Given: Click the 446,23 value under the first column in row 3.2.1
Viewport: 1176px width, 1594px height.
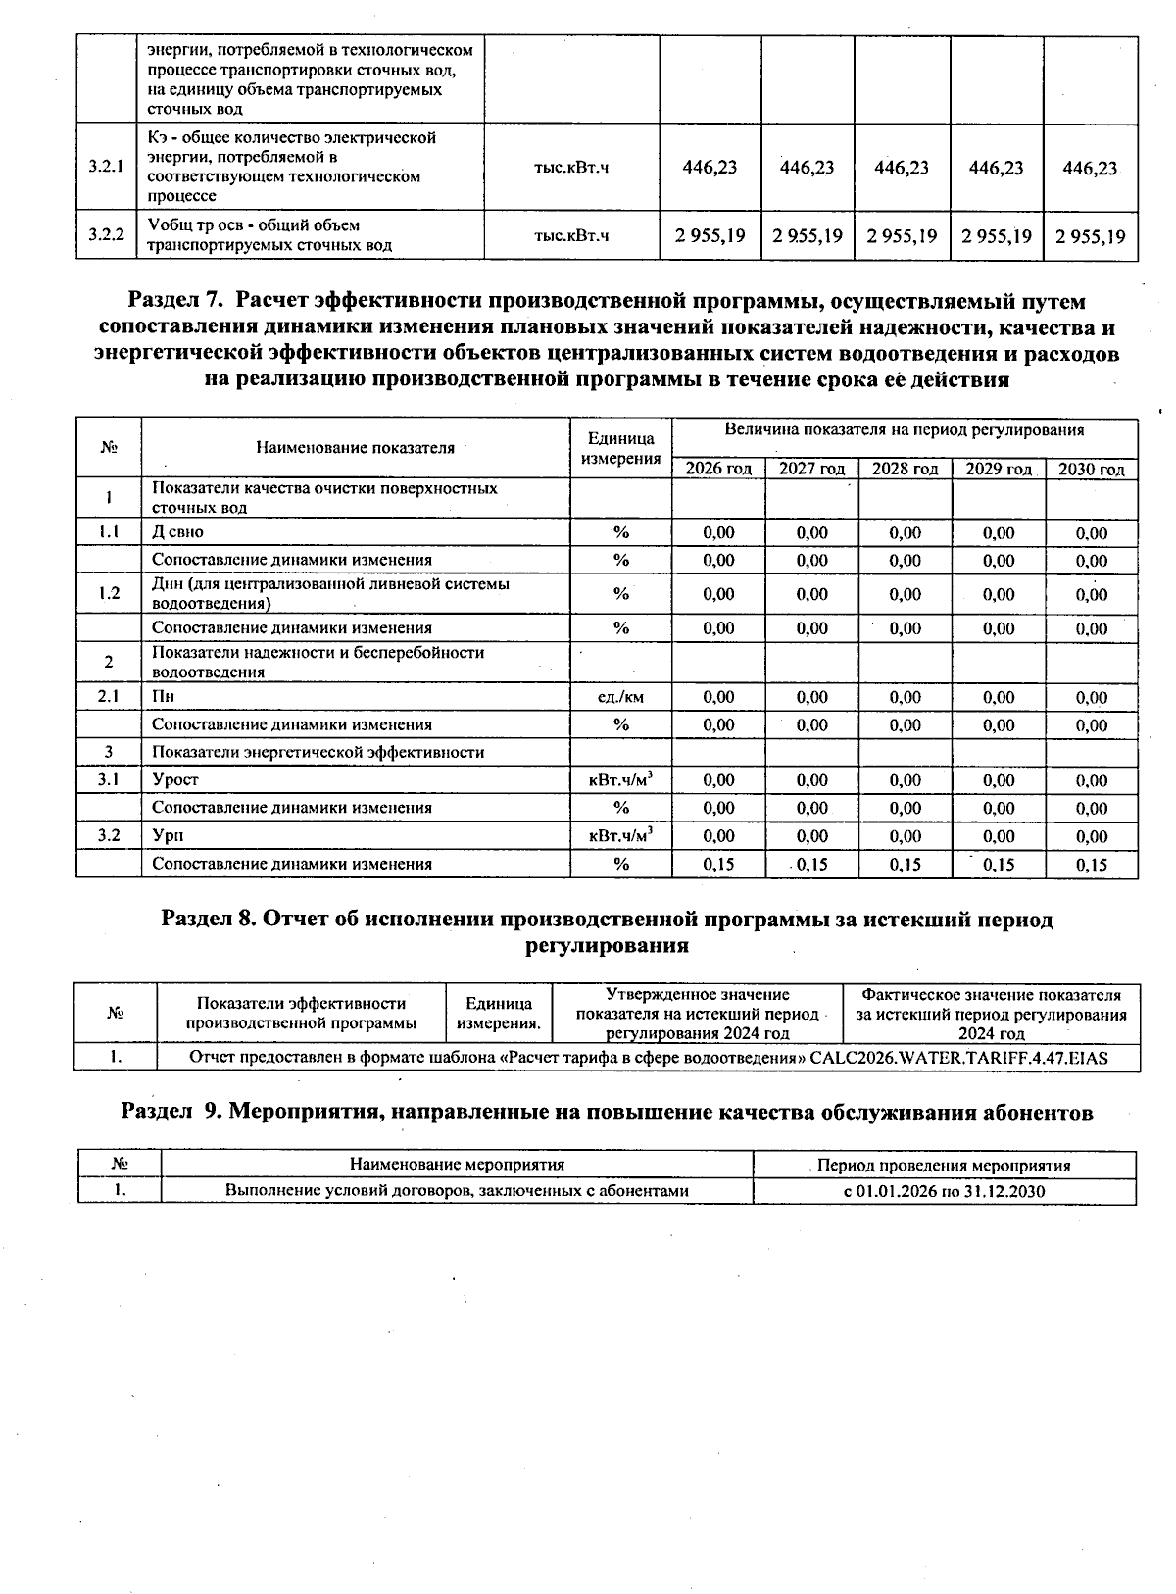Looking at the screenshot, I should pyautogui.click(x=710, y=168).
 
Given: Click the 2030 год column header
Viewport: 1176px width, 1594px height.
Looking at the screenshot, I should pyautogui.click(x=1091, y=469).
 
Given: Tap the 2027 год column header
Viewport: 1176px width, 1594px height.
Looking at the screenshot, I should pyautogui.click(x=811, y=469).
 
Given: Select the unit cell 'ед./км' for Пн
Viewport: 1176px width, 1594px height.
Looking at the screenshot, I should pyautogui.click(x=620, y=697).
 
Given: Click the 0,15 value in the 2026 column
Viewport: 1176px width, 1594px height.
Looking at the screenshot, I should pyautogui.click(x=718, y=865).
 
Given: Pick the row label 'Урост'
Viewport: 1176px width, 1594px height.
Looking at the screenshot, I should pyautogui.click(x=175, y=780).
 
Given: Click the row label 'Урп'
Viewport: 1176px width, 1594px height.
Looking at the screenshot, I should pyautogui.click(x=168, y=836).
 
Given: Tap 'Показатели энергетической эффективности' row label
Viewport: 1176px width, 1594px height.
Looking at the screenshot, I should pyautogui.click(x=318, y=752).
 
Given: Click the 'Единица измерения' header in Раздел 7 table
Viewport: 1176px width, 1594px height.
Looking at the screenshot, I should pyautogui.click(x=620, y=448).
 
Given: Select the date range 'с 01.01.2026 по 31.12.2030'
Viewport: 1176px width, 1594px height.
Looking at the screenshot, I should pyautogui.click(x=944, y=1191).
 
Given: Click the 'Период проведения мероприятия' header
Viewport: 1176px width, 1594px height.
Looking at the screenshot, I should pyautogui.click(x=944, y=1166).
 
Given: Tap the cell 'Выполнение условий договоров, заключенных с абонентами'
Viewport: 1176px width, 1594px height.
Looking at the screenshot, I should pyautogui.click(x=457, y=1191).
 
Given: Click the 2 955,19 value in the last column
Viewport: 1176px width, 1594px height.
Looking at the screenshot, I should pyautogui.click(x=1090, y=236).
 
